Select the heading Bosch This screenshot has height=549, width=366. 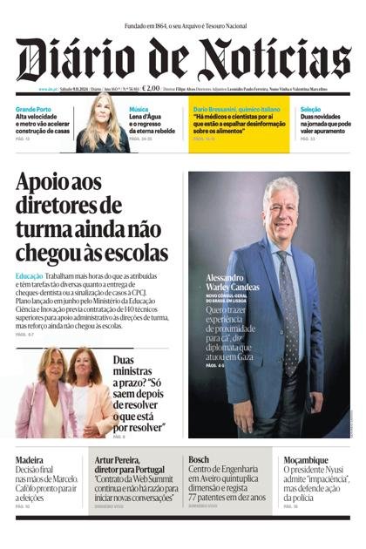tap(199, 459)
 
